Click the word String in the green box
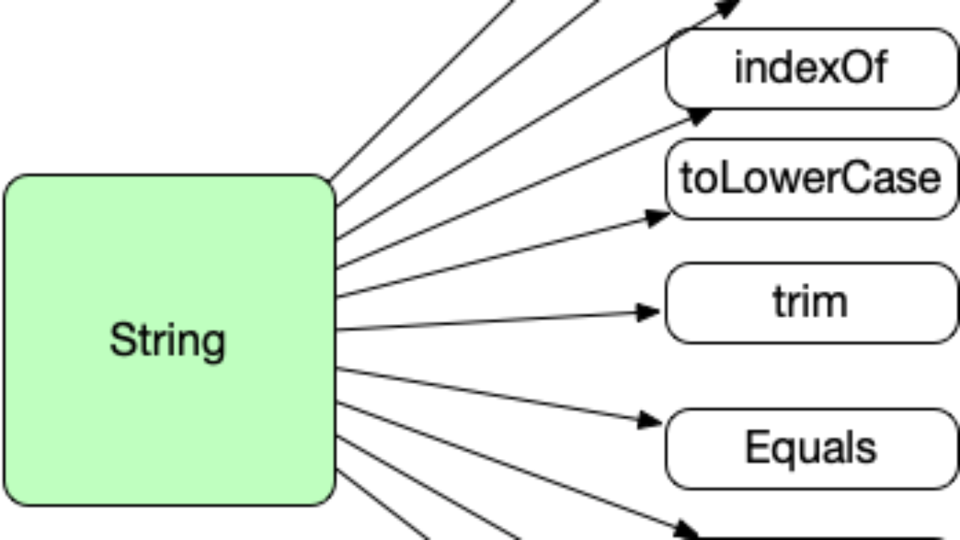pos(167,341)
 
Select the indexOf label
pos(811,67)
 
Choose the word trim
pos(811,301)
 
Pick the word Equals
pos(811,448)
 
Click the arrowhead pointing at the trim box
pos(648,312)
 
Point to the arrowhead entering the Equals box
pos(649,421)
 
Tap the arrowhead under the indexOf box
pos(699,116)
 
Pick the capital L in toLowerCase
pos(724,178)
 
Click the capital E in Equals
pos(757,446)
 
